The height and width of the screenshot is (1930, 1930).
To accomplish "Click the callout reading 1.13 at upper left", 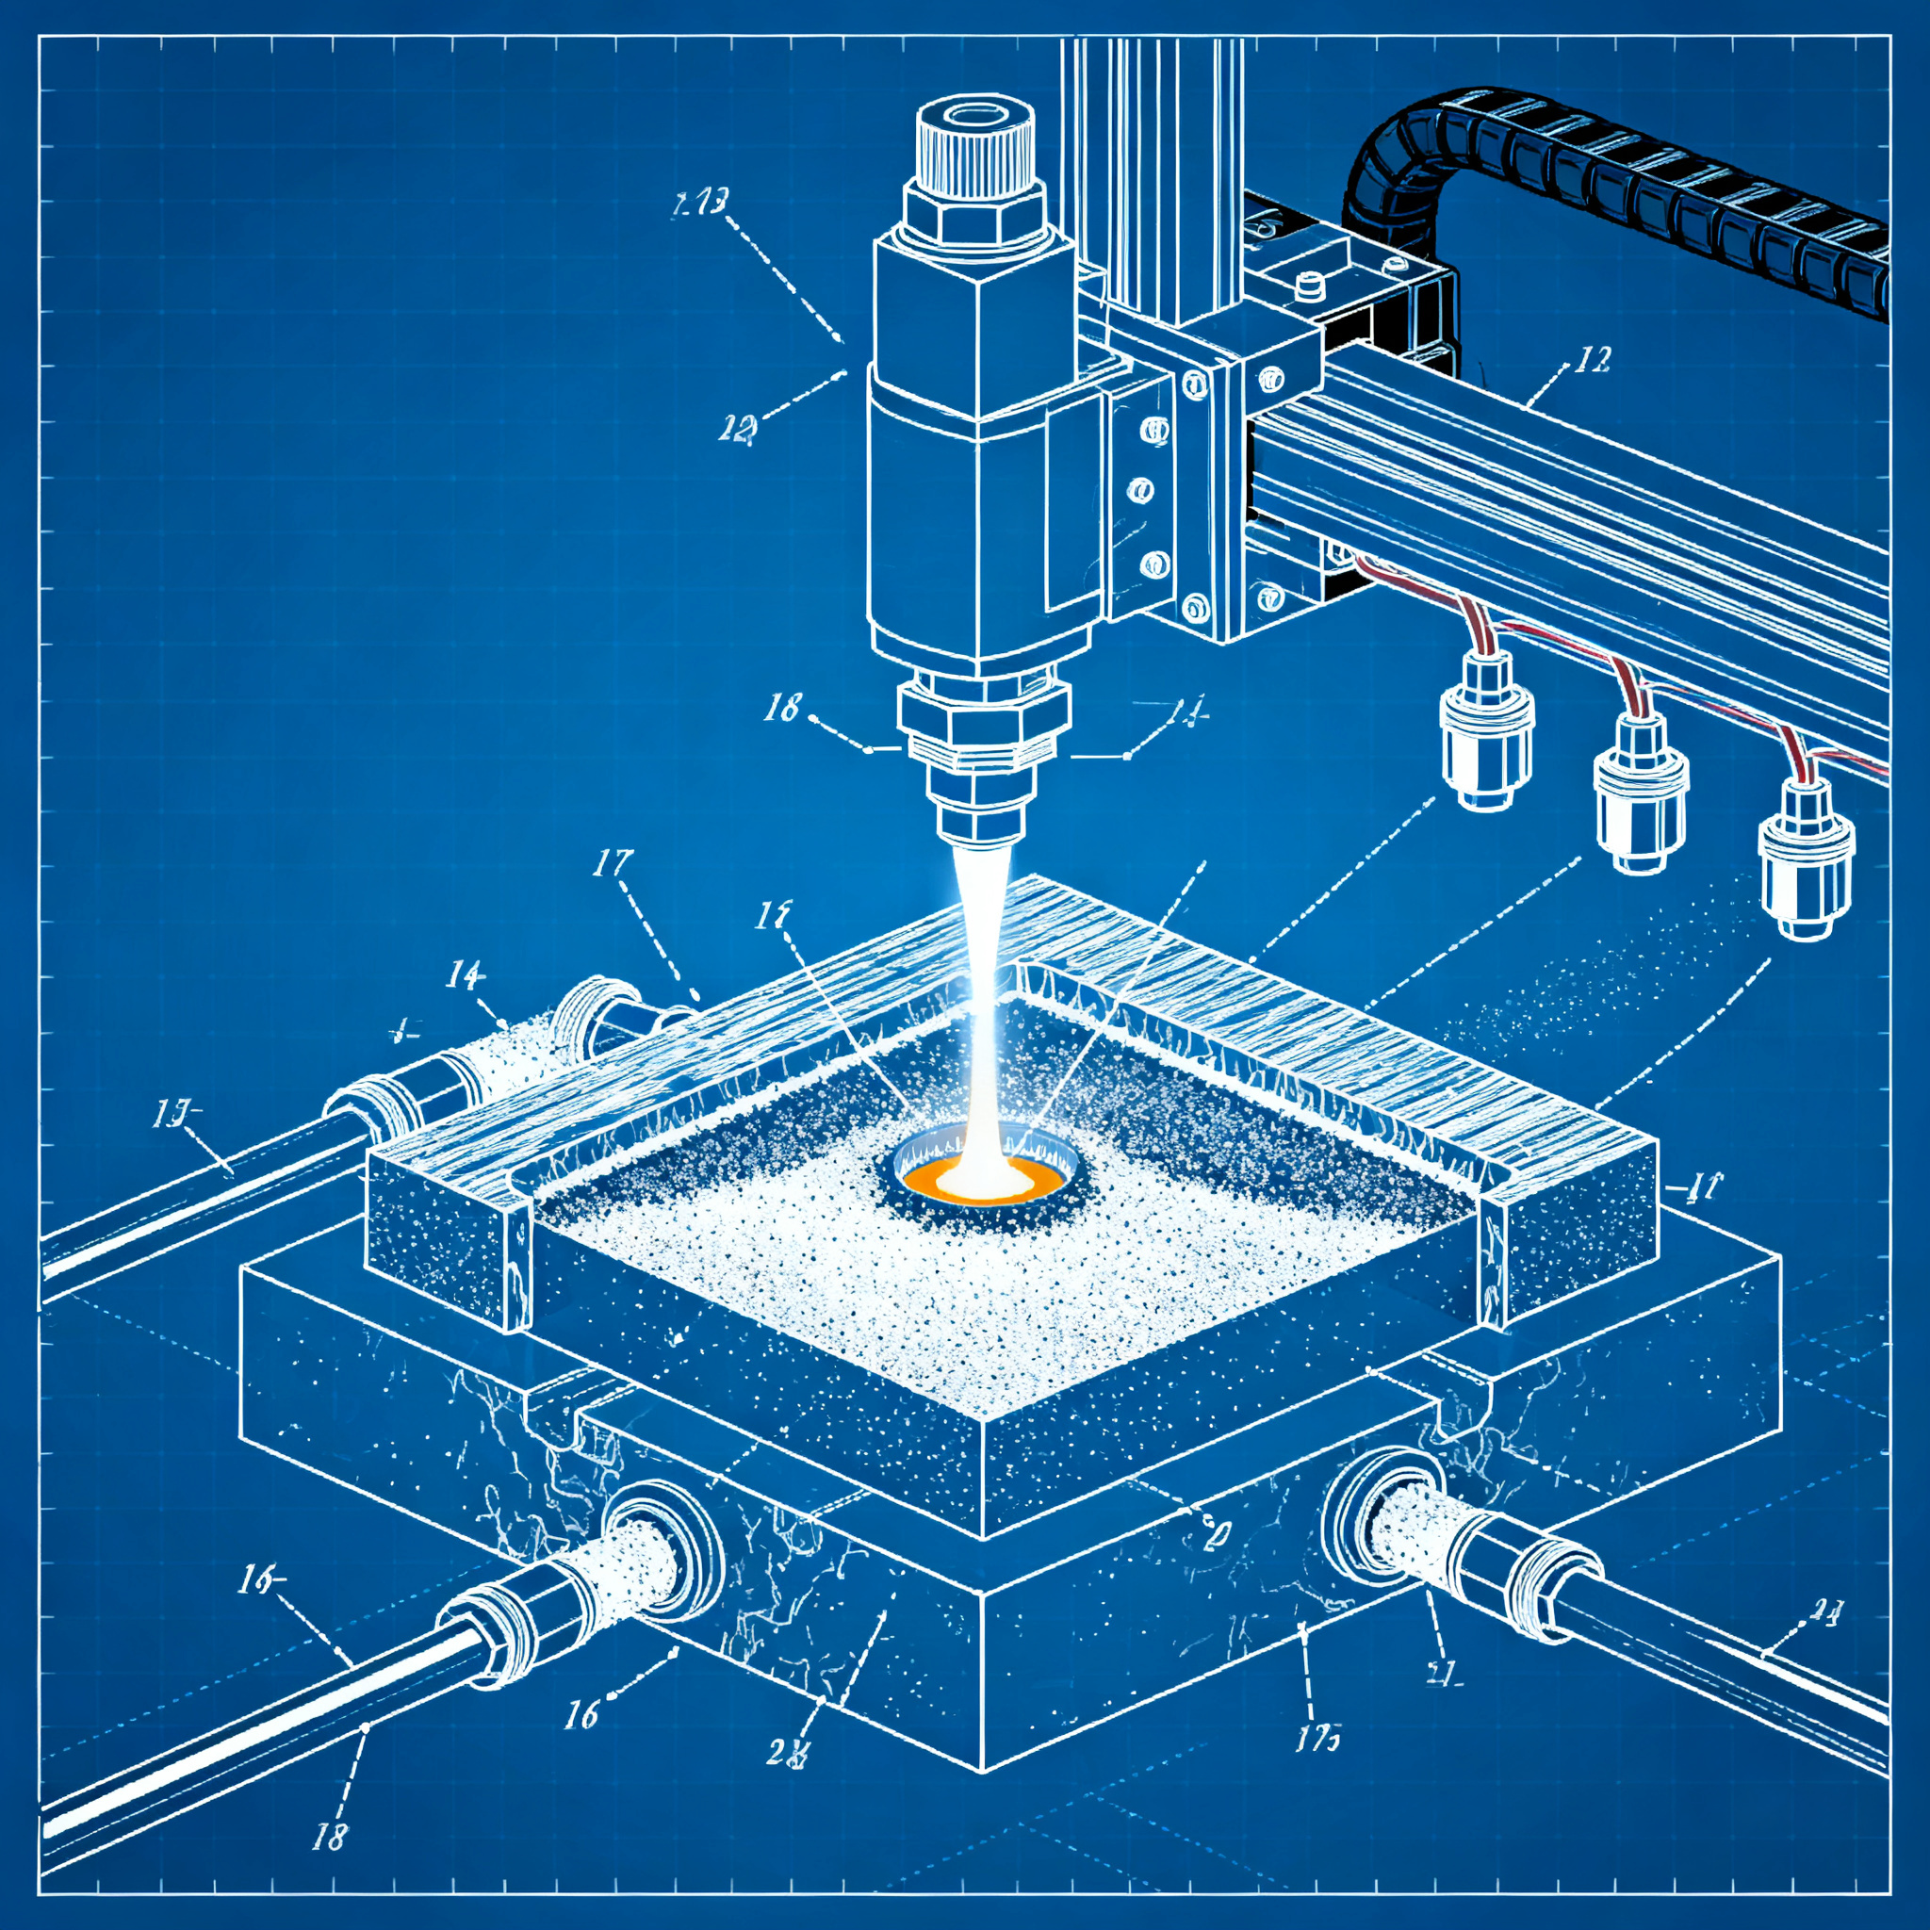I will tap(698, 204).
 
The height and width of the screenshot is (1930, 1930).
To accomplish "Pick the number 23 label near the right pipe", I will tap(1825, 1637).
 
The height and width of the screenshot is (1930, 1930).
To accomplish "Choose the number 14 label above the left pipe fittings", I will tap(466, 974).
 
